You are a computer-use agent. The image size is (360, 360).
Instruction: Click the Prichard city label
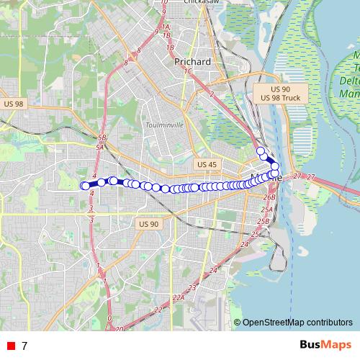[193, 62]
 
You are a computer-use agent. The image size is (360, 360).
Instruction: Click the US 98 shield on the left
[14, 104]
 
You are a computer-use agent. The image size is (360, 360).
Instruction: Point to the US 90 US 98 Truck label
[281, 92]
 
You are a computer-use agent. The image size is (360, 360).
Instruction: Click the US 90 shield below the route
[148, 224]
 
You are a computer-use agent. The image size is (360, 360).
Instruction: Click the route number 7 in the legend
[24, 346]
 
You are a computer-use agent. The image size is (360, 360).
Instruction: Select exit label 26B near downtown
[269, 197]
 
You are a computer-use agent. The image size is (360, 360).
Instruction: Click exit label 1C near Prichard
[188, 71]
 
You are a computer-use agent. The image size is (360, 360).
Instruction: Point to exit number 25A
[266, 210]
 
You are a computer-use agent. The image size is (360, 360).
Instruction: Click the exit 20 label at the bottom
[119, 328]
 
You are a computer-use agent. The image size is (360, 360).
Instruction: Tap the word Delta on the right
[349, 81]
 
